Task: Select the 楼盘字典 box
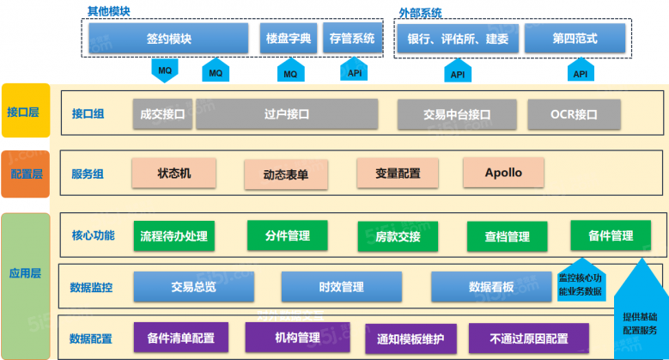[289, 39]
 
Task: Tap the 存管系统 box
[353, 39]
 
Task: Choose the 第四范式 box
[575, 39]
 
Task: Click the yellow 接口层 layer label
[25, 111]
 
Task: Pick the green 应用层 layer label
[25, 274]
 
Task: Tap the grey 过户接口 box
[287, 113]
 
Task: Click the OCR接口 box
[574, 113]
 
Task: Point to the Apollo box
[502, 173]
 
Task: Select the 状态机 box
[174, 173]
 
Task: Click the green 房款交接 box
[392, 236]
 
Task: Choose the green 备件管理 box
[610, 235]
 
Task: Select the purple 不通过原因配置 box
[528, 338]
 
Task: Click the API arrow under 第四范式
[581, 70]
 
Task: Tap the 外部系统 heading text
[420, 14]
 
